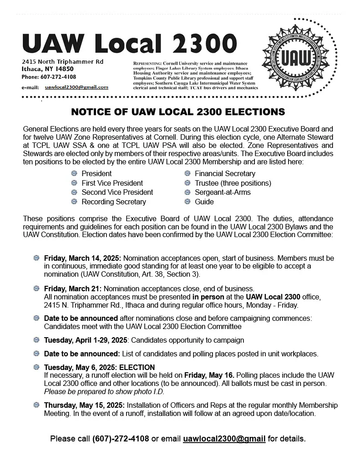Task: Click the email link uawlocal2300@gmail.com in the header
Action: tap(76, 86)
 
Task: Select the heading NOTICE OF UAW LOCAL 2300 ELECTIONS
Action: tap(178, 112)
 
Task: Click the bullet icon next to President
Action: tap(74, 173)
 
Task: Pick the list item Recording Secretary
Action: tap(114, 202)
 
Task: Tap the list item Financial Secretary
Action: tap(225, 173)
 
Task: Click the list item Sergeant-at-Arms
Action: tap(223, 192)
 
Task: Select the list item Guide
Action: tap(204, 202)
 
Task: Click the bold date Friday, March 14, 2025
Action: tap(82, 258)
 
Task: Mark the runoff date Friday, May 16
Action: tap(209, 375)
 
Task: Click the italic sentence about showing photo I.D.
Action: tap(104, 391)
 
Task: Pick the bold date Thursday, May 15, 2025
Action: tap(84, 405)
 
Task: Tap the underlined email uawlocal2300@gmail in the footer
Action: tap(224, 439)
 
